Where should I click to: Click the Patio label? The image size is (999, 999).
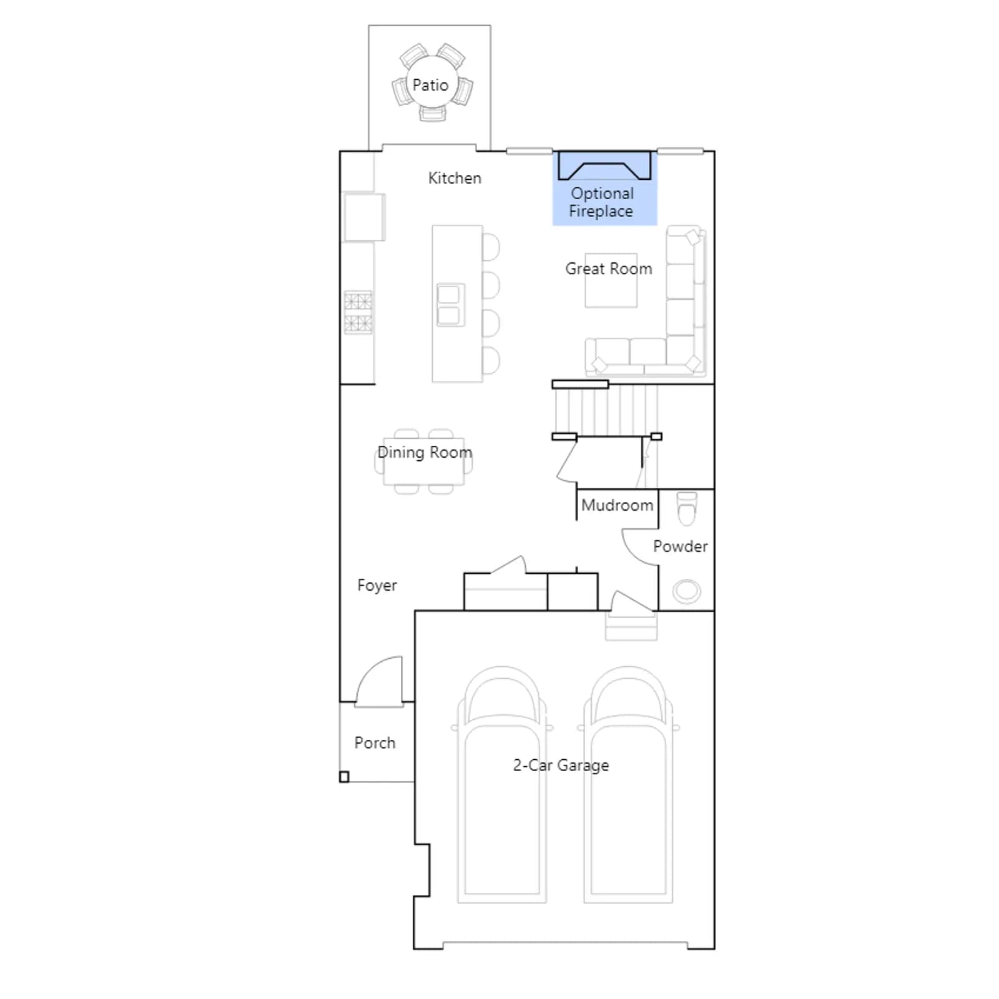coord(430,85)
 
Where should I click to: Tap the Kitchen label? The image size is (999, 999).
coord(455,178)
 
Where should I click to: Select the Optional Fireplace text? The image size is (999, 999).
coord(602,202)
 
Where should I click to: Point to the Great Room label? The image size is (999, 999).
coord(609,268)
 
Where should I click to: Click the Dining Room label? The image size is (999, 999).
coord(425,452)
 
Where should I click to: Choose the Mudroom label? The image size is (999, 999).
coord(617,505)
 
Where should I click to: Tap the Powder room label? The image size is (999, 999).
coord(681,546)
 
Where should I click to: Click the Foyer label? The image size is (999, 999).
coord(377,586)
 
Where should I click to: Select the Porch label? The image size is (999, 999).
coord(375,743)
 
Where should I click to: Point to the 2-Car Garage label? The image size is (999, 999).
coord(561,765)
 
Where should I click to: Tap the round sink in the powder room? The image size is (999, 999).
coord(687,591)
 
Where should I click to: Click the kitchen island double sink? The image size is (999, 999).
coord(451,305)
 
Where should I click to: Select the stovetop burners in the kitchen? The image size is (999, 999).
coord(358,313)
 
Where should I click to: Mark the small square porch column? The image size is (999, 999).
coord(344,777)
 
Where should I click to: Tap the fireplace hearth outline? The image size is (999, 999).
coord(604,165)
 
